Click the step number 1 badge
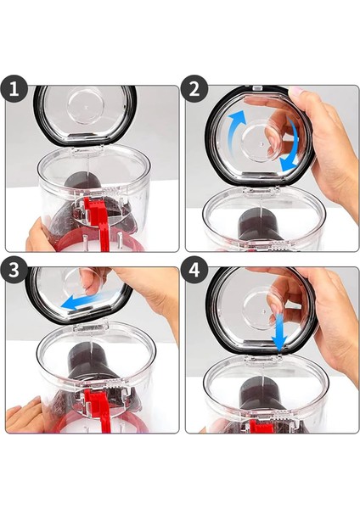[x=14, y=89]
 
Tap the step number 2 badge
[x=194, y=89]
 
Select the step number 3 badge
[x=14, y=270]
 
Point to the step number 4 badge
[x=194, y=270]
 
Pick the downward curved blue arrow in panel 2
[x=292, y=146]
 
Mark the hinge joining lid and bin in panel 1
[x=87, y=149]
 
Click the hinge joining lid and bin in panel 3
[x=91, y=327]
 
